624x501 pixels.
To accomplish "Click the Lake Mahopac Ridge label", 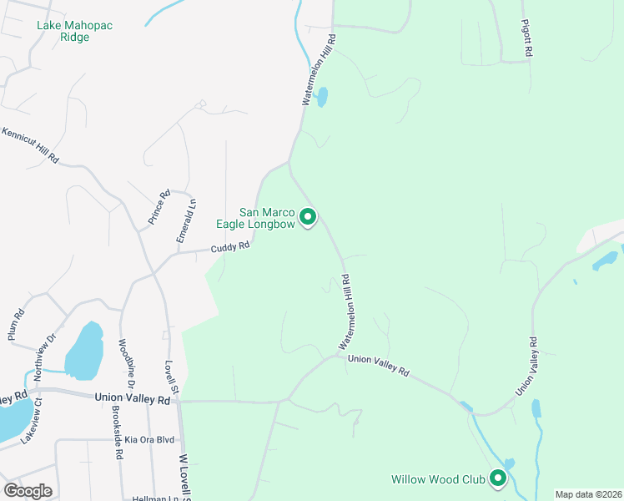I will (x=74, y=32).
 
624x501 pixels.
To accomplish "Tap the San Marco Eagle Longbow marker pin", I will (x=308, y=218).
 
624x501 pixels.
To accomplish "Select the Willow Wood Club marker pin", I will (x=498, y=478).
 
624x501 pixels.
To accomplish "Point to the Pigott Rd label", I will (x=526, y=39).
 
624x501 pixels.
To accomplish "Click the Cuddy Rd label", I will (x=229, y=247).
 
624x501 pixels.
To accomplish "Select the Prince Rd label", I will (x=159, y=207).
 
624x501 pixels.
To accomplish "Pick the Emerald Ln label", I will (x=186, y=220).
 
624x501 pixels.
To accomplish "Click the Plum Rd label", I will (x=17, y=325).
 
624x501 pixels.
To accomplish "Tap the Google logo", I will (x=28, y=491).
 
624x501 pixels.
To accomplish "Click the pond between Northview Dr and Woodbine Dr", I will (x=83, y=351).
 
